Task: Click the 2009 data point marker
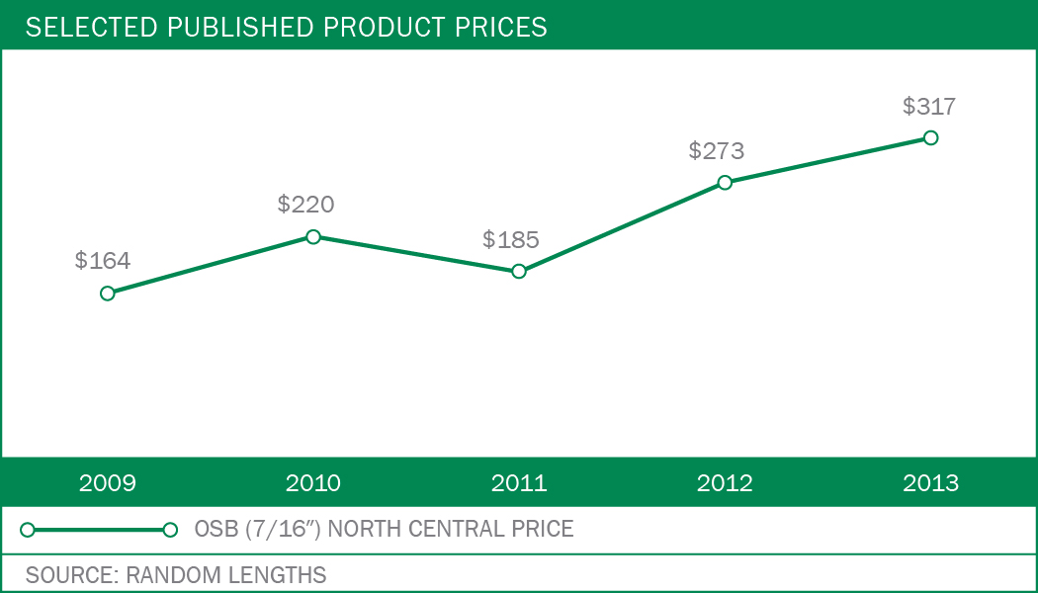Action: (x=108, y=293)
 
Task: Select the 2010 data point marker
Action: (x=313, y=236)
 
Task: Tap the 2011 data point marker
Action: (x=519, y=271)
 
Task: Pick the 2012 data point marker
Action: (x=725, y=182)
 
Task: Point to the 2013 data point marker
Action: (x=930, y=137)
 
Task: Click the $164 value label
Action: (x=103, y=261)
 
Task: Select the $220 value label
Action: (x=306, y=205)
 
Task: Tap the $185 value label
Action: (x=511, y=239)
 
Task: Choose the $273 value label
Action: (x=717, y=151)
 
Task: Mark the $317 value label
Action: (x=929, y=106)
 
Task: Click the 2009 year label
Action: (x=108, y=483)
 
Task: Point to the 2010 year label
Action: (x=313, y=483)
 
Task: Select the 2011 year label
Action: (x=519, y=483)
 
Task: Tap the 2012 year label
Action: (x=725, y=483)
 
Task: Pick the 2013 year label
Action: (x=930, y=483)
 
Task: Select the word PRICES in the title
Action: (x=498, y=27)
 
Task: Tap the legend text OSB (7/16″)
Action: (x=256, y=530)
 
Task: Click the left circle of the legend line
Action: (x=28, y=530)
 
